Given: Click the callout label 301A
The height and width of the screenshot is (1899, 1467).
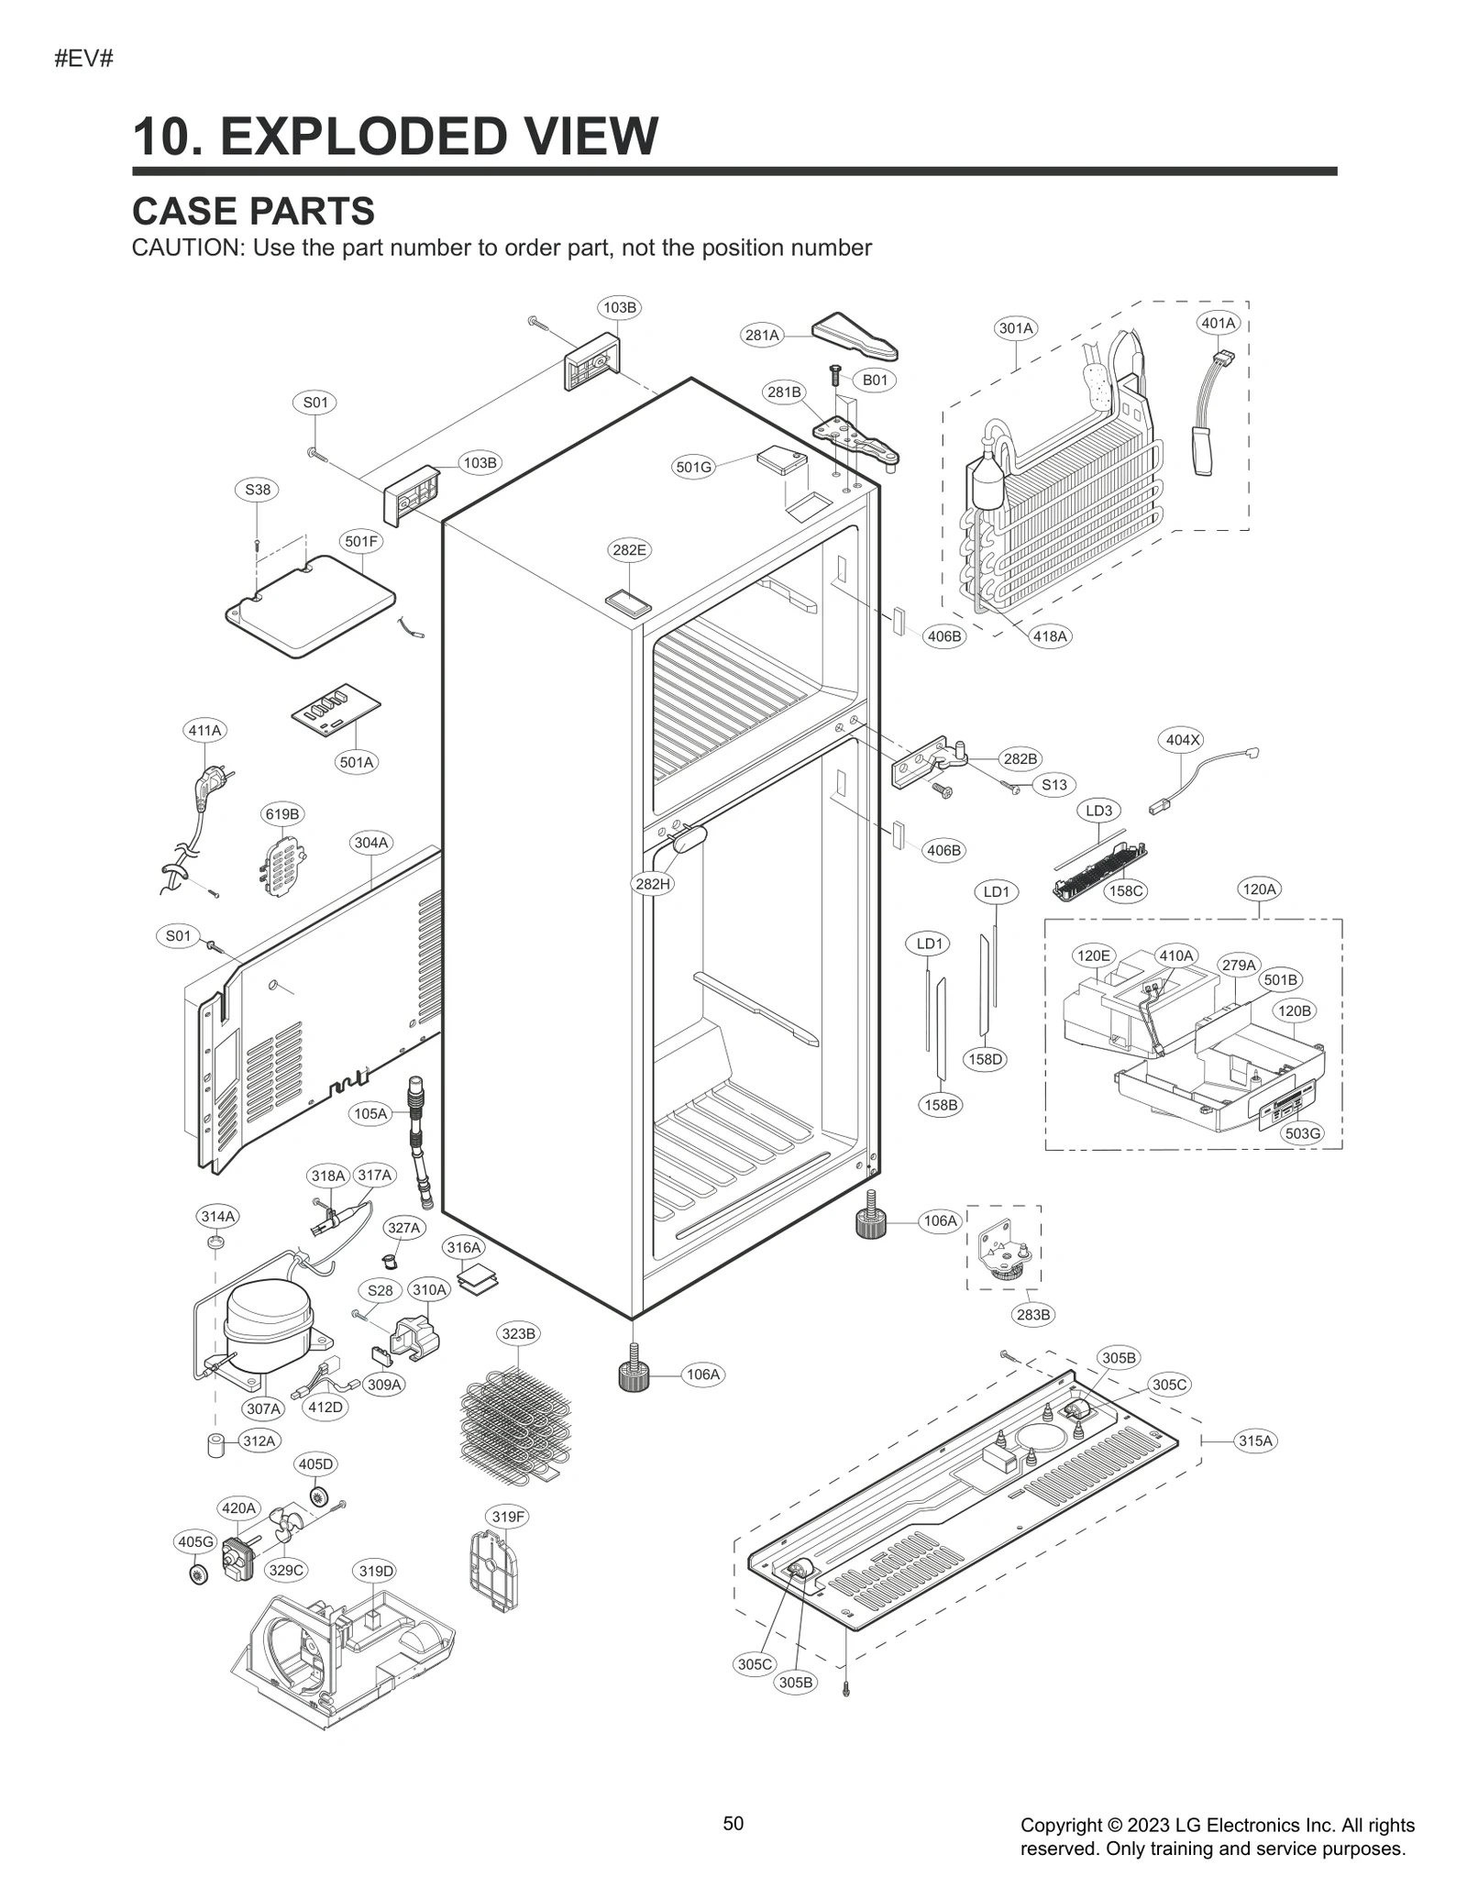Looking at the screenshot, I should tap(1015, 327).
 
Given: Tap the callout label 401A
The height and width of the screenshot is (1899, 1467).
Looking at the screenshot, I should tap(1219, 323).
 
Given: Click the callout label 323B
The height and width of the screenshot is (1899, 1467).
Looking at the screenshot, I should tap(518, 1333).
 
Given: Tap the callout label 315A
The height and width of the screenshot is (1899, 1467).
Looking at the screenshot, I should tap(1255, 1441).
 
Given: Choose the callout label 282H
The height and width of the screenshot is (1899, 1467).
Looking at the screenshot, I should tap(653, 884).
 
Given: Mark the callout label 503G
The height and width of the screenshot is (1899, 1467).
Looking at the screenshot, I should tap(1302, 1133).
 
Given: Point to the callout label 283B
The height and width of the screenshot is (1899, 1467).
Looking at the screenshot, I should tap(1033, 1315).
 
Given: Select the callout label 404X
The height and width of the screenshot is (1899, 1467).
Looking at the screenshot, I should tap(1182, 739).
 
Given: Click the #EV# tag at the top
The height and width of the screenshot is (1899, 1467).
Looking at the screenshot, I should tap(83, 60).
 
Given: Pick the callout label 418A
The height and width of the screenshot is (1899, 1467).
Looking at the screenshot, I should tap(1050, 635).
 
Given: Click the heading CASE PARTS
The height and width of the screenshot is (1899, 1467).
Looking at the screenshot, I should tap(253, 211).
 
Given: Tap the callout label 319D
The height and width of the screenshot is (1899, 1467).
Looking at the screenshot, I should tap(376, 1571).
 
